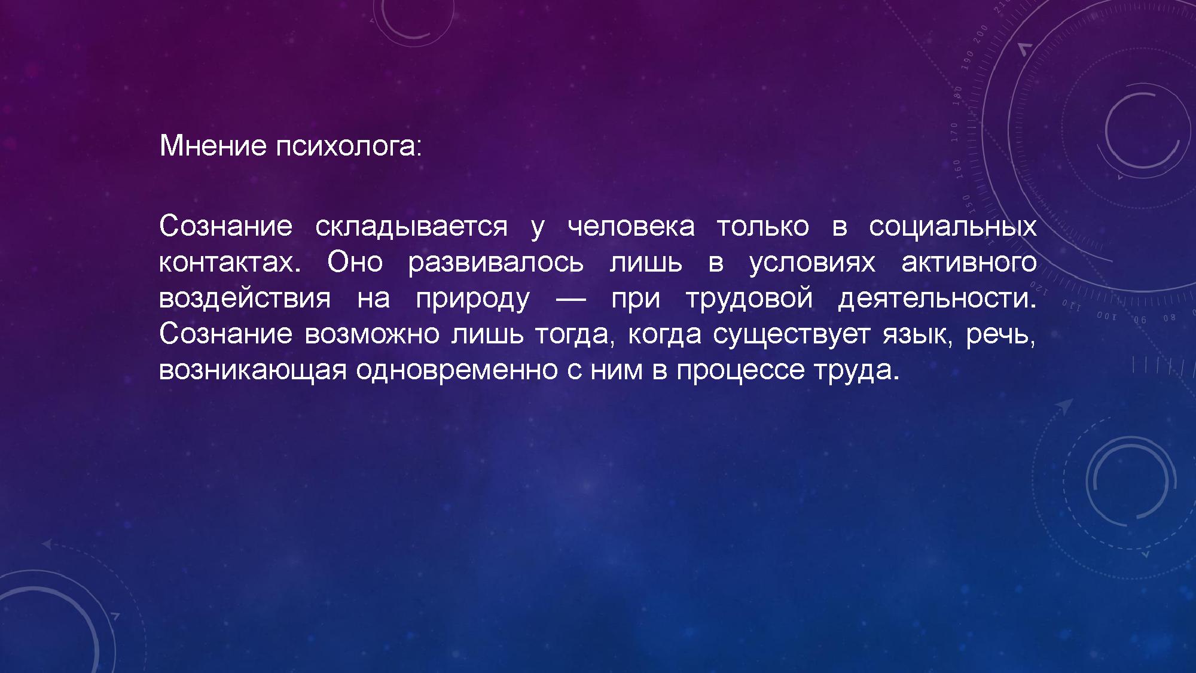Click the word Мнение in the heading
coord(213,145)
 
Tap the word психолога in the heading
coord(348,146)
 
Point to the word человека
coord(631,227)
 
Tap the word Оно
coord(355,262)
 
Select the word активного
coord(969,263)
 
